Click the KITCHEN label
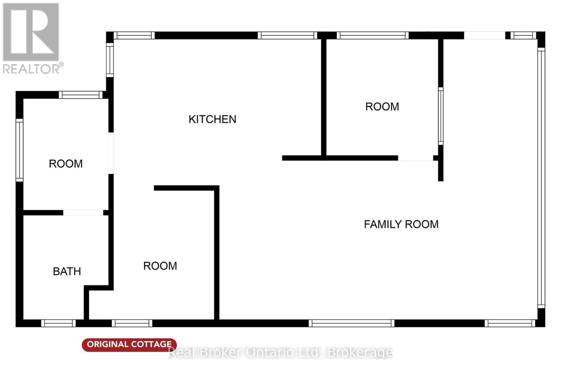pyautogui.click(x=212, y=119)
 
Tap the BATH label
pyautogui.click(x=67, y=271)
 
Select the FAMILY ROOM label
pyautogui.click(x=401, y=224)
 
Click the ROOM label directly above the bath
pyautogui.click(x=66, y=164)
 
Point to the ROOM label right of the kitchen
pyautogui.click(x=382, y=107)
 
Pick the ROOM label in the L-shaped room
pyautogui.click(x=160, y=266)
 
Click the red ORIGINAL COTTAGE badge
pyautogui.click(x=129, y=345)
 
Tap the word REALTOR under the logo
pyautogui.click(x=31, y=69)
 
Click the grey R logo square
pyautogui.click(x=31, y=32)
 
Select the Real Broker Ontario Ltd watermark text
pyautogui.click(x=280, y=353)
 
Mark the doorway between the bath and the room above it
pyautogui.click(x=83, y=212)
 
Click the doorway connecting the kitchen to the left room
pyautogui.click(x=111, y=153)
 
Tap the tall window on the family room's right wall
pyautogui.click(x=541, y=178)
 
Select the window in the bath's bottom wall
pyautogui.click(x=58, y=323)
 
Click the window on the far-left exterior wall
pyautogui.click(x=20, y=150)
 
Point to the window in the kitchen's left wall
pyautogui.click(x=110, y=60)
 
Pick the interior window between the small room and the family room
pyautogui.click(x=440, y=116)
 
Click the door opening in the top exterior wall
pyautogui.click(x=485, y=35)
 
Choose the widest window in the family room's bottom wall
pyautogui.click(x=351, y=323)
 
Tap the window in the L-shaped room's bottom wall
pyautogui.click(x=132, y=323)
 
